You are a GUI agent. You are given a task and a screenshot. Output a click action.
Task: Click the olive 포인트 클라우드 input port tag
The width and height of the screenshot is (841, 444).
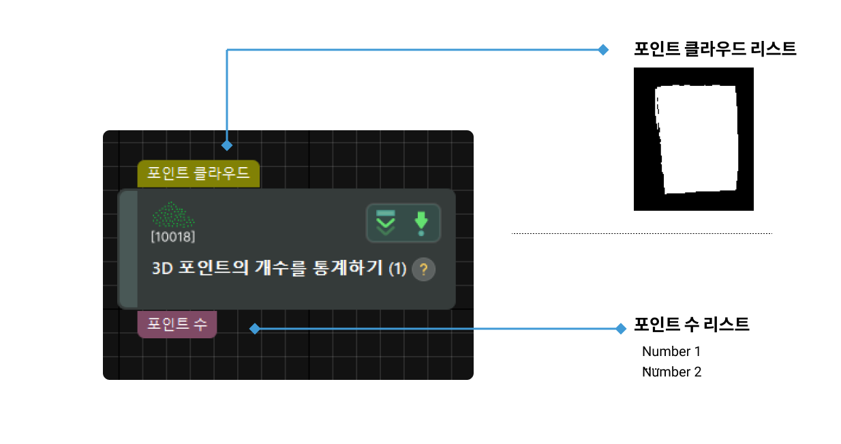[198, 174]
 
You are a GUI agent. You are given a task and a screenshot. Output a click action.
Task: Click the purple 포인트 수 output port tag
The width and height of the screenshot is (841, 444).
[177, 324]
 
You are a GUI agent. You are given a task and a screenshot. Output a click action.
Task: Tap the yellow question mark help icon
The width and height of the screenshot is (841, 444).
[423, 269]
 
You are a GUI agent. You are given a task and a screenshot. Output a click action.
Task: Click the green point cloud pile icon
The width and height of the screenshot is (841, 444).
[173, 216]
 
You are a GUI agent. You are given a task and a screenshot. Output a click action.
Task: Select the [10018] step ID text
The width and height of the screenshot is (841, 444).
[173, 237]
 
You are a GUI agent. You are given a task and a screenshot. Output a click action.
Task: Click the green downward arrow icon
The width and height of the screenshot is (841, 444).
[421, 223]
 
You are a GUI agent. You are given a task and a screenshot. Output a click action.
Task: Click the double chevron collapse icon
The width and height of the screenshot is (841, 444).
[386, 223]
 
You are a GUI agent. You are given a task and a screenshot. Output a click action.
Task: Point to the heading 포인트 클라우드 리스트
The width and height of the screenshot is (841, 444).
[715, 49]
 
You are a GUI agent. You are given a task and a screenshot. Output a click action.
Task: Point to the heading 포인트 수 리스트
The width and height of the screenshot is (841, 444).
[692, 325]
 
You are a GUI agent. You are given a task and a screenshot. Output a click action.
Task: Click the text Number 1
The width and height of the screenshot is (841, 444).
[671, 352]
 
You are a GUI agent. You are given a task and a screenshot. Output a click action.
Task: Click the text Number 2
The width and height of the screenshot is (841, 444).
[671, 372]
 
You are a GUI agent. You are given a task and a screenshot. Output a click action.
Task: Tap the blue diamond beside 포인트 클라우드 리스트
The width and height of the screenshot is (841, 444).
[602, 49]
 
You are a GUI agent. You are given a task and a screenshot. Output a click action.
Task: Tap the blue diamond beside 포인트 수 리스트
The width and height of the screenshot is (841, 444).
[620, 329]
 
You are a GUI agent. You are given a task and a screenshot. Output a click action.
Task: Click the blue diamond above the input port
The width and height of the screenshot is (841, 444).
[227, 145]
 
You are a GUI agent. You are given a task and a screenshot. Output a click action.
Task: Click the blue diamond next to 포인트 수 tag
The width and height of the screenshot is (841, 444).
[254, 329]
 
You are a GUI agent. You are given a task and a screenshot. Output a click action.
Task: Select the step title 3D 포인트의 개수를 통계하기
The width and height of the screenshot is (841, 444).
[268, 269]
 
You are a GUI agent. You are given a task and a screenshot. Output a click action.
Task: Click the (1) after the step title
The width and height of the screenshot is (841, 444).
[397, 269]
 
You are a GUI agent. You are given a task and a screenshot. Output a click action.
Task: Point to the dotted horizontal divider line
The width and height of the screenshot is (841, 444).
[641, 233]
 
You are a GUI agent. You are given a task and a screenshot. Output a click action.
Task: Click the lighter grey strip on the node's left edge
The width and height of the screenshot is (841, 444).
[128, 249]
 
